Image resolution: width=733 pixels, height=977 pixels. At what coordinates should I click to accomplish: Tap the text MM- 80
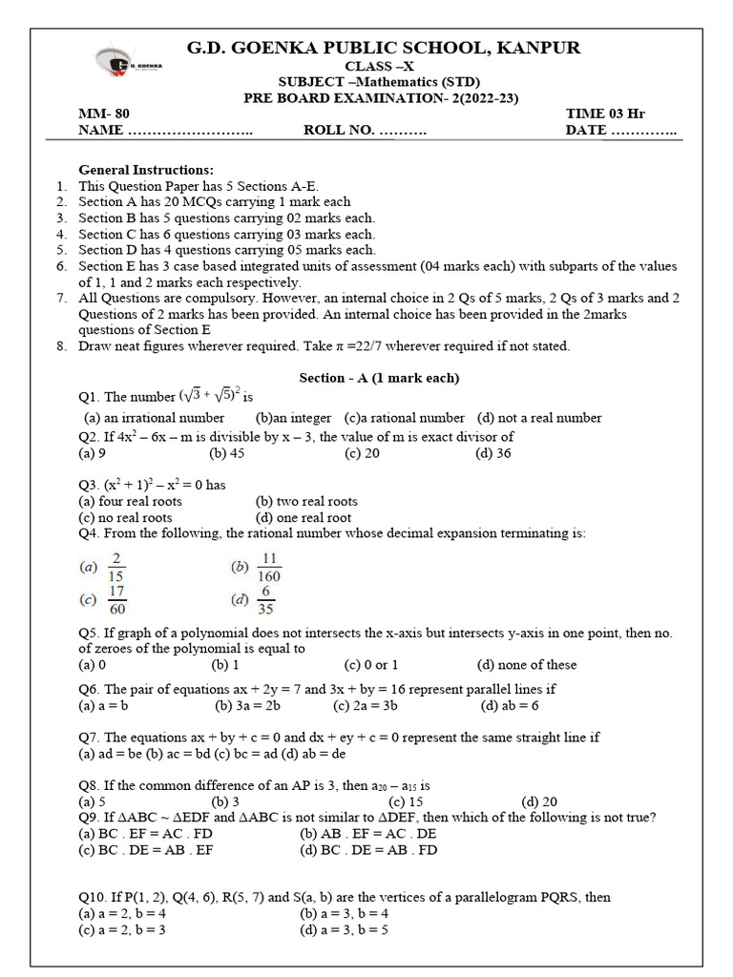point(104,114)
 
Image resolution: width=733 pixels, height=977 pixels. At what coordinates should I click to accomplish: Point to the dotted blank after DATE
point(643,131)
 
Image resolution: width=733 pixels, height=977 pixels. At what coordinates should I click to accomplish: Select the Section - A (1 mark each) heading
point(379,378)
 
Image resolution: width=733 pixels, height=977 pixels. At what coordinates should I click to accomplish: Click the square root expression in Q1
point(217,395)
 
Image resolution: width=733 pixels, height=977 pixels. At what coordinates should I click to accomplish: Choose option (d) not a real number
point(539,418)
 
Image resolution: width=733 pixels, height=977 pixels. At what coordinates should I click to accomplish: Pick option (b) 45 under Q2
point(227,453)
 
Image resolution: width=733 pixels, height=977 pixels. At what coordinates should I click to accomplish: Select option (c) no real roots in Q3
point(125,517)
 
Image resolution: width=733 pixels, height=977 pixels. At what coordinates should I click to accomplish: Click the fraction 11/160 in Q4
point(268,567)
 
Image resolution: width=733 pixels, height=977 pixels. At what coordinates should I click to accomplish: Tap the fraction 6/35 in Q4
point(265,601)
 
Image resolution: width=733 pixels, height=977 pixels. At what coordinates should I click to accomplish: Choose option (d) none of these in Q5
point(527,664)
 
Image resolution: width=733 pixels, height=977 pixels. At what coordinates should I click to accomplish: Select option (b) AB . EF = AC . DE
point(366,833)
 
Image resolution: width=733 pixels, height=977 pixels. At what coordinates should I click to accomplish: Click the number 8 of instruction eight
point(61,346)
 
